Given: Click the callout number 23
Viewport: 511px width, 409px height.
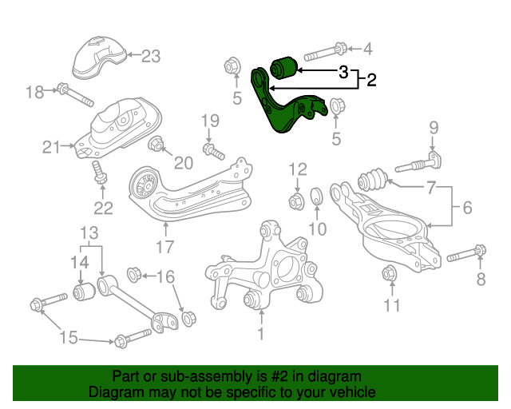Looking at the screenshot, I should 151,56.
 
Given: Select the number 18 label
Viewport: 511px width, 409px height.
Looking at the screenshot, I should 34,93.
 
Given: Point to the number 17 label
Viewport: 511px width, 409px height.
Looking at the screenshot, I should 164,246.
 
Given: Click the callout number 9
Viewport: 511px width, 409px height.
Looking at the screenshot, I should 434,127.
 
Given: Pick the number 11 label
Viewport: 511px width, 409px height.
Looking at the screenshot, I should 390,305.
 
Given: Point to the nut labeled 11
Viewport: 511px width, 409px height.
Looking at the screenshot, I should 390,273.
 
